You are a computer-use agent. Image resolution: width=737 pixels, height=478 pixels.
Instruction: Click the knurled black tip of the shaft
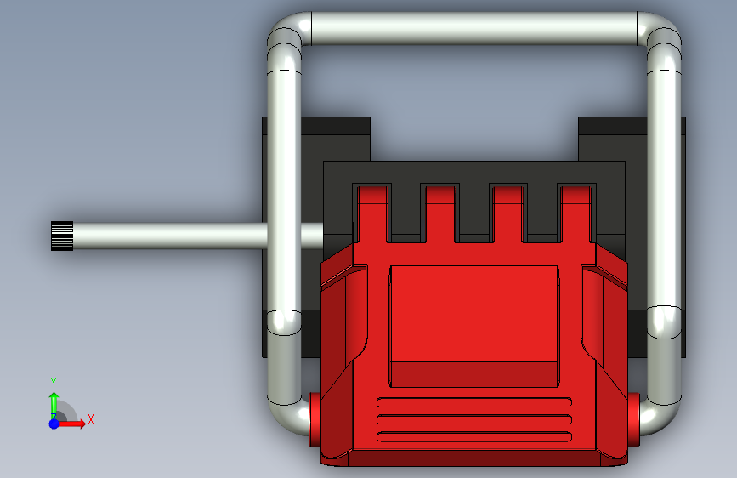tap(62, 236)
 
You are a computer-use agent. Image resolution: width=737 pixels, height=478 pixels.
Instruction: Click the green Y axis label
tap(54, 383)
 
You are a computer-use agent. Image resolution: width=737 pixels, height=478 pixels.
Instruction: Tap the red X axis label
tap(91, 419)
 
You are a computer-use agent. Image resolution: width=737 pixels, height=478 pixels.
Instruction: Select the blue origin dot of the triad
tap(54, 424)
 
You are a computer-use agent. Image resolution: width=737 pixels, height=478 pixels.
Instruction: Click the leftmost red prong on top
tap(373, 214)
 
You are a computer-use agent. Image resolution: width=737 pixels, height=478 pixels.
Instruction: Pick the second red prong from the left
tap(441, 214)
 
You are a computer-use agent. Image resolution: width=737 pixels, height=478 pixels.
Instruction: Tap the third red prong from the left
tap(508, 214)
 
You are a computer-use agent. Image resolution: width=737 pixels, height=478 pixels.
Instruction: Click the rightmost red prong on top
tap(576, 214)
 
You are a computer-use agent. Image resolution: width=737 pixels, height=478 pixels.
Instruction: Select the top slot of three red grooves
tap(474, 402)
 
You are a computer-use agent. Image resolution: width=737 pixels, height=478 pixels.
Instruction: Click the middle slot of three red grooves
tap(474, 419)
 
